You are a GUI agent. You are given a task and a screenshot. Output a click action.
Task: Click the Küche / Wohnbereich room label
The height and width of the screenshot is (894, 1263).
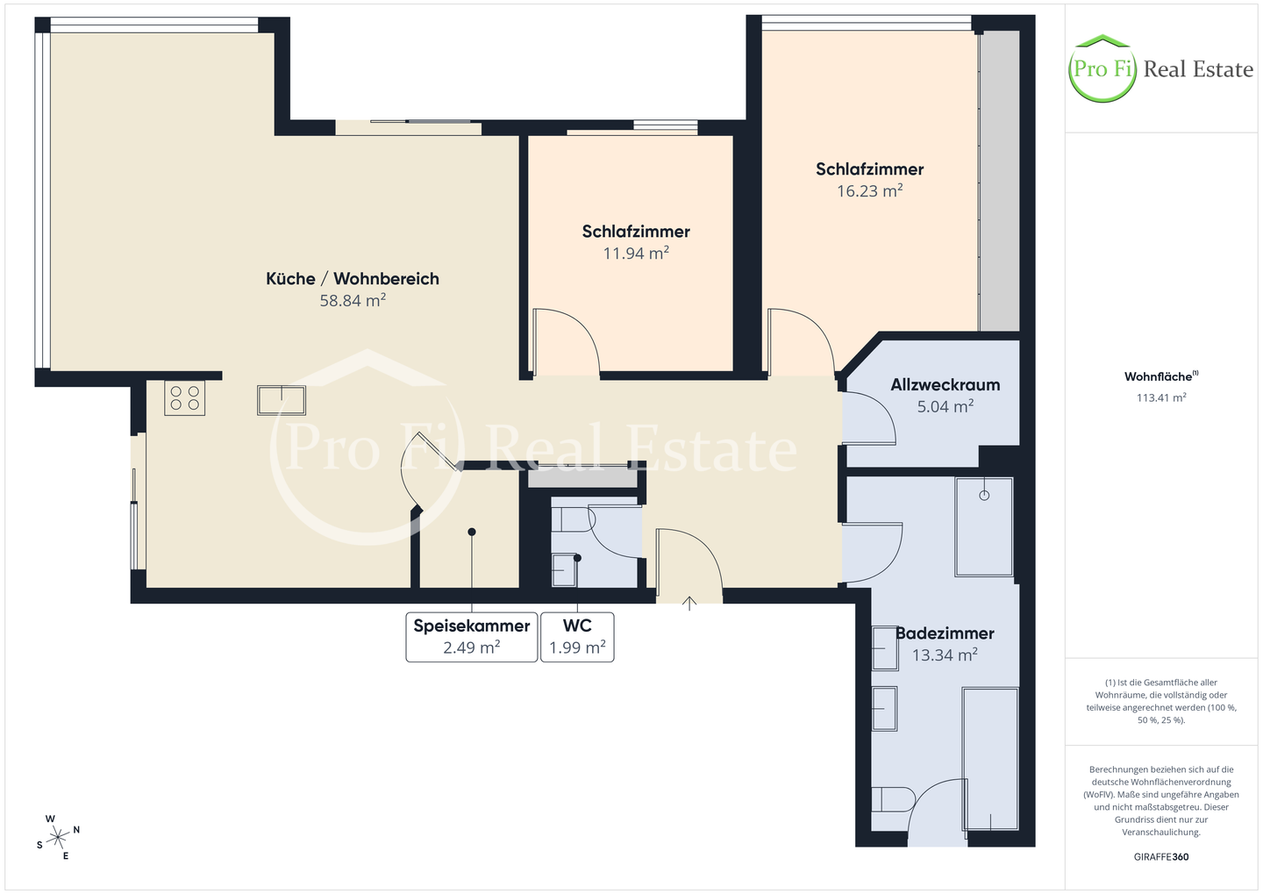click(x=353, y=279)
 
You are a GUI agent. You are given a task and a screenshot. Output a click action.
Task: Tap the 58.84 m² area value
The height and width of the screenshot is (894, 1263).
click(x=353, y=300)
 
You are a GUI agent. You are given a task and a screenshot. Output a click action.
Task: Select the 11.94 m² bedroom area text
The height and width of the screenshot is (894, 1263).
click(x=636, y=253)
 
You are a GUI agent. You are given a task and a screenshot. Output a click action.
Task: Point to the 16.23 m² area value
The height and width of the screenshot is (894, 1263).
click(x=869, y=190)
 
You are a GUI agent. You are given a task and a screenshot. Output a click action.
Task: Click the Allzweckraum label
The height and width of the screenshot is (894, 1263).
click(x=945, y=384)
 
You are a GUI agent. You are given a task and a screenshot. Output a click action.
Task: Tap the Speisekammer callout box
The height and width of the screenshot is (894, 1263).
click(x=471, y=637)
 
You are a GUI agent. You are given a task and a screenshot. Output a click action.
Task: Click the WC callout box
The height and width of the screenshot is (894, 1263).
click(x=577, y=637)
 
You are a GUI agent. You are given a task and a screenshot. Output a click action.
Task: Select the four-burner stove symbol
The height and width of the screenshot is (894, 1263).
click(x=184, y=398)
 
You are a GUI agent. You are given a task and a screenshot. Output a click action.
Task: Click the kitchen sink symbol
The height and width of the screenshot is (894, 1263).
click(x=282, y=400)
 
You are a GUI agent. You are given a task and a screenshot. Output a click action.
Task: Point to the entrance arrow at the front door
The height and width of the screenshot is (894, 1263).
click(x=689, y=603)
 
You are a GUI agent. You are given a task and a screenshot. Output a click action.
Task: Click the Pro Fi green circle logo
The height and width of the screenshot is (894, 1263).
click(x=1102, y=68)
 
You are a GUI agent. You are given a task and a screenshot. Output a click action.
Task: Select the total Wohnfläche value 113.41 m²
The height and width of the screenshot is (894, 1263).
click(x=1161, y=397)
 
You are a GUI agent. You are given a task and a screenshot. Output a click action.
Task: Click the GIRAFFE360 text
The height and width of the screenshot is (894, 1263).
click(x=1161, y=857)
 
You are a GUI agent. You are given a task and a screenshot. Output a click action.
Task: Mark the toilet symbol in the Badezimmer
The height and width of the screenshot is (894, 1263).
click(x=893, y=799)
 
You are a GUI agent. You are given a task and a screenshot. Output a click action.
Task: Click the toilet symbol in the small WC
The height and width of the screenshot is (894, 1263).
click(x=572, y=519)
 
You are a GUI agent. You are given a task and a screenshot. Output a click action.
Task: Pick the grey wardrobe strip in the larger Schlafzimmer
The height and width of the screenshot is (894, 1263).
click(x=999, y=181)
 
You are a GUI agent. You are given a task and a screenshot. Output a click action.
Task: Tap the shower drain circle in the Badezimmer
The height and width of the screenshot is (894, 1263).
click(x=984, y=495)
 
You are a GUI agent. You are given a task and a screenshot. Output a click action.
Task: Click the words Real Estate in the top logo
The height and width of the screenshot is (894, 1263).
click(x=1198, y=69)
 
